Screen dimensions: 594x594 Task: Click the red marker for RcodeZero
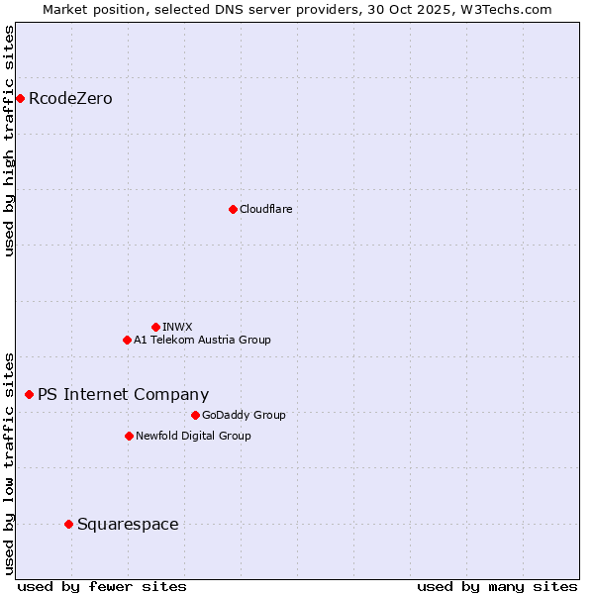pos(20,98)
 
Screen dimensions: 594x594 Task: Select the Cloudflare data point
pos(233,209)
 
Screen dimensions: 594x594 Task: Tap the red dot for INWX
pos(155,327)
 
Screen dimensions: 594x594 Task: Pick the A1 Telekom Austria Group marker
pos(127,340)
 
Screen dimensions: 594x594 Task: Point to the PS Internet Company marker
pos(29,394)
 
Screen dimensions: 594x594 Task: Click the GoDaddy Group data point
pos(195,415)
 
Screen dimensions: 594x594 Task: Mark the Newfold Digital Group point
pos(129,436)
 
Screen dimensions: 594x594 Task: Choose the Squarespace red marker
pos(68,524)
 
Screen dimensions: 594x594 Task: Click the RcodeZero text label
pos(70,98)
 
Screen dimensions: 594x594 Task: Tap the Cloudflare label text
pos(265,209)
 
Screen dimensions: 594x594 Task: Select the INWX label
pos(177,327)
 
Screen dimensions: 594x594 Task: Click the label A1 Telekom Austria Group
pos(202,340)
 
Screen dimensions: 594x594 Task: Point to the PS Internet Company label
pos(123,394)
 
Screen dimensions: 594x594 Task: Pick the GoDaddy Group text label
pos(244,415)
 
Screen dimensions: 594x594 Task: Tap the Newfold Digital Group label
pos(193,436)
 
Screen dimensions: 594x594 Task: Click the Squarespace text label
pos(128,524)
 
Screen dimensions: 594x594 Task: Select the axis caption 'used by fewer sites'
pos(102,586)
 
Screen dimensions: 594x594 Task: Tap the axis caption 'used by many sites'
pos(497,586)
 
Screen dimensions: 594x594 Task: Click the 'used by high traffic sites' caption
pos(9,141)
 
